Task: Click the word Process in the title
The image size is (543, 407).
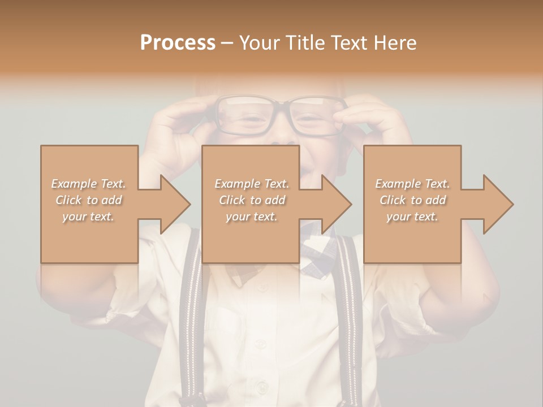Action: pyautogui.click(x=178, y=42)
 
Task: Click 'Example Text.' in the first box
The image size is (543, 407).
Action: pyautogui.click(x=89, y=184)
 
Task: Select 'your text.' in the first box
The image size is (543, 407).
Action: pyautogui.click(x=89, y=217)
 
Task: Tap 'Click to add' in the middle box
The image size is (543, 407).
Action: pyautogui.click(x=252, y=200)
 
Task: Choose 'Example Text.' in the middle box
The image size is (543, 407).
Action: pyautogui.click(x=252, y=184)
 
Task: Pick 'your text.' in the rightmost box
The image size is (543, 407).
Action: pyautogui.click(x=412, y=217)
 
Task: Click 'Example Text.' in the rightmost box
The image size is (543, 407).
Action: pyautogui.click(x=412, y=184)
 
